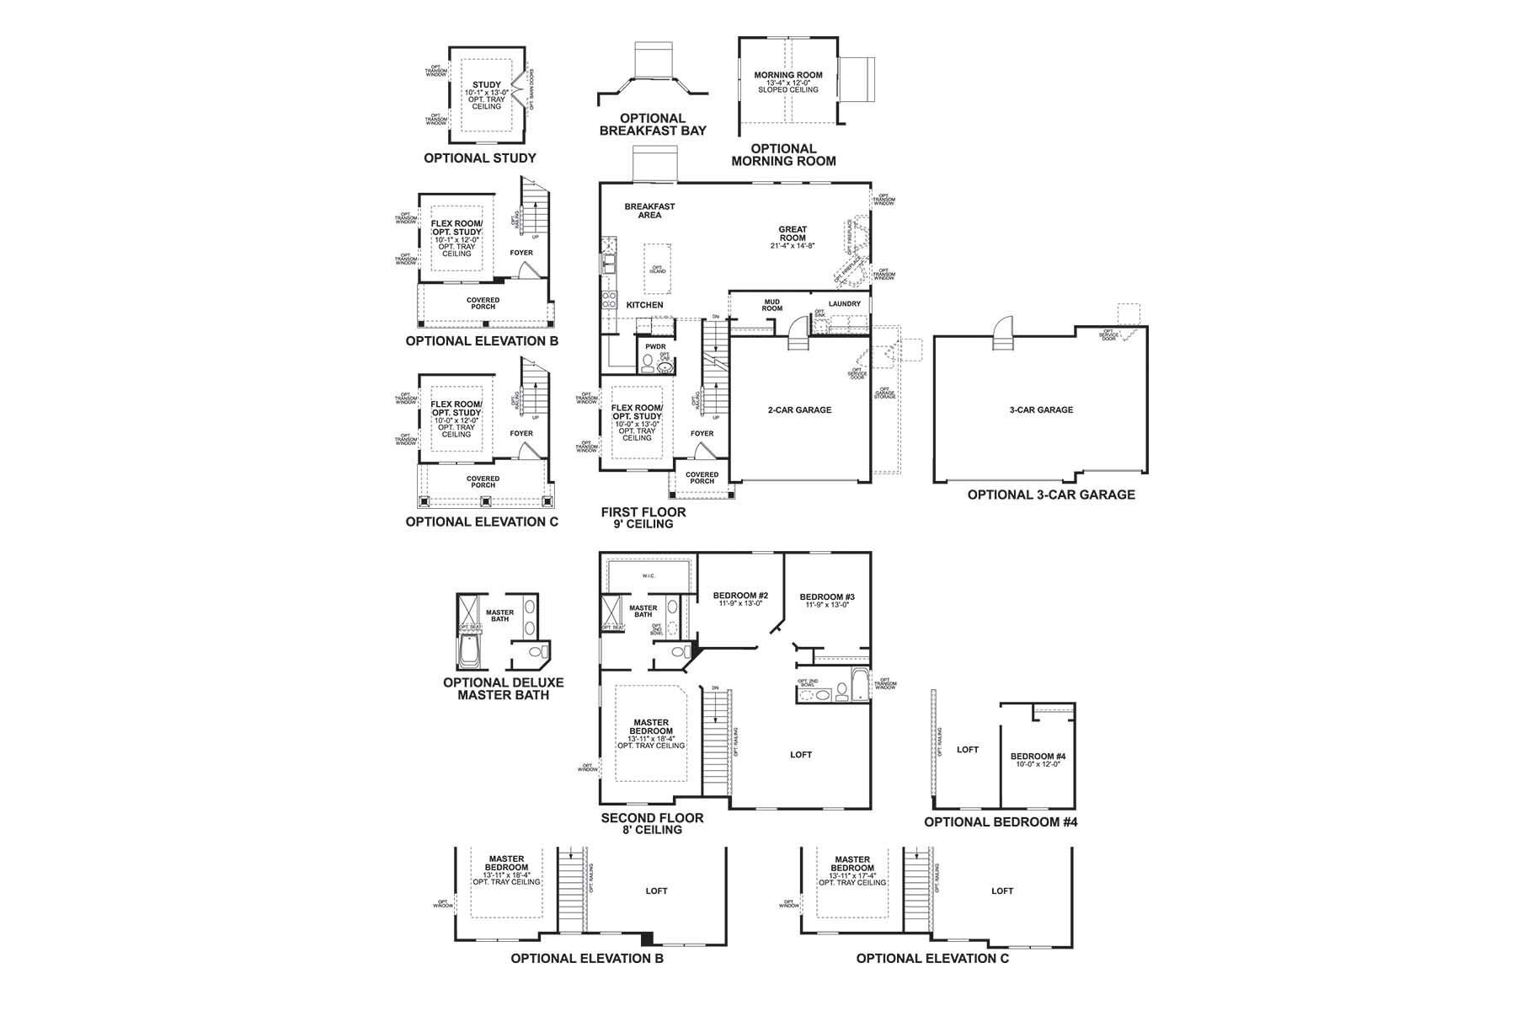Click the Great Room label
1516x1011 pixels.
(792, 233)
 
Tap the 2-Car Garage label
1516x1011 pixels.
(798, 410)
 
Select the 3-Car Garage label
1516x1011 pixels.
(1041, 410)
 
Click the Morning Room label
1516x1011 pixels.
(787, 76)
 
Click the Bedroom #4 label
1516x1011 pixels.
(1038, 757)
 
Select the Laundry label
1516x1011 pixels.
(844, 304)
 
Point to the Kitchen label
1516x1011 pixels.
(644, 305)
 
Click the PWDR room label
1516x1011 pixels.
(655, 346)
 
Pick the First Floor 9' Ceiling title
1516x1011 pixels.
(643, 517)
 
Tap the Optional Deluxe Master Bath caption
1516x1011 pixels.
(503, 688)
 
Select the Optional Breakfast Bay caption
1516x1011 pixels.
(653, 124)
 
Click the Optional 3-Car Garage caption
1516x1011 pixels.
(1050, 495)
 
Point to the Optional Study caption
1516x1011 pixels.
(479, 158)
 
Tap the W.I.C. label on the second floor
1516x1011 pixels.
(648, 576)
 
